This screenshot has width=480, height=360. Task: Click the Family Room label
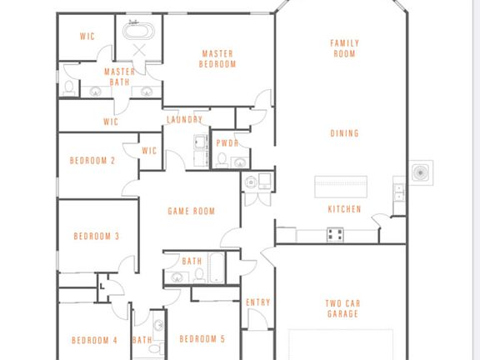pyautogui.click(x=344, y=48)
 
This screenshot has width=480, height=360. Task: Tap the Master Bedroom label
pyautogui.click(x=217, y=59)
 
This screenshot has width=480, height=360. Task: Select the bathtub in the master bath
pyautogui.click(x=138, y=31)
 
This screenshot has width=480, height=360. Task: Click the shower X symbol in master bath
pyautogui.click(x=139, y=50)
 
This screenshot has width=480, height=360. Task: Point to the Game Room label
pyautogui.click(x=192, y=211)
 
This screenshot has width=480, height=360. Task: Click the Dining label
pyautogui.click(x=344, y=133)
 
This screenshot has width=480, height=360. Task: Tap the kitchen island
pyautogui.click(x=341, y=187)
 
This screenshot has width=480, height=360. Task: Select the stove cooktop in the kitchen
pyautogui.click(x=335, y=234)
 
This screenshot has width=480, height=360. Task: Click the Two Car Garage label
pyautogui.click(x=342, y=308)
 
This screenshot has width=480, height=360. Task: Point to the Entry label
pyautogui.click(x=258, y=302)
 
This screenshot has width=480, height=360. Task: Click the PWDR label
pyautogui.click(x=227, y=143)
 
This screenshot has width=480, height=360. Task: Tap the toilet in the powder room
pyautogui.click(x=222, y=160)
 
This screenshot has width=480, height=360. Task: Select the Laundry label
pyautogui.click(x=185, y=119)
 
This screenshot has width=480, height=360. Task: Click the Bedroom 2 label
pyautogui.click(x=92, y=160)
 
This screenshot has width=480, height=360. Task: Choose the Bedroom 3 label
pyautogui.click(x=96, y=236)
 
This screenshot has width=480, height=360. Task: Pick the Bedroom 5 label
pyautogui.click(x=202, y=339)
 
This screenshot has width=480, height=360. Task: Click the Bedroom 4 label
pyautogui.click(x=94, y=340)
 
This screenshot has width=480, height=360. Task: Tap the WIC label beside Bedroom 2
pyautogui.click(x=149, y=151)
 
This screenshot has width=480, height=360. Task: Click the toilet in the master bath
pyautogui.click(x=69, y=87)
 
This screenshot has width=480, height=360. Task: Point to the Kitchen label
pyautogui.click(x=344, y=209)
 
